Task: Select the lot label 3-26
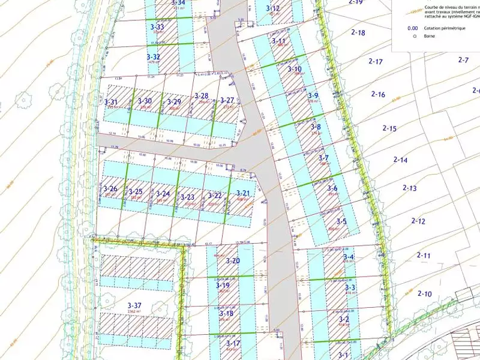click(x=110, y=189)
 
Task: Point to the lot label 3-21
click(x=242, y=193)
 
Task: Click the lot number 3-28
click(x=201, y=96)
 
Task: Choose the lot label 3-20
click(x=233, y=261)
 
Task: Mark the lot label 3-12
click(x=272, y=8)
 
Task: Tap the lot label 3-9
click(x=313, y=95)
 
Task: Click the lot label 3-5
click(x=341, y=221)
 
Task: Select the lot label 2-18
click(x=358, y=33)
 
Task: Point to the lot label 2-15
click(x=389, y=128)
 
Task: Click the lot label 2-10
click(x=424, y=294)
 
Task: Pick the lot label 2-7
click(x=463, y=60)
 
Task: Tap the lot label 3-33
click(x=157, y=27)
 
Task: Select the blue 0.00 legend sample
click(x=412, y=28)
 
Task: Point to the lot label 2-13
click(x=409, y=188)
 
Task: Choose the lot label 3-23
click(x=187, y=197)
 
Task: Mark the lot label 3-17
click(x=233, y=343)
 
